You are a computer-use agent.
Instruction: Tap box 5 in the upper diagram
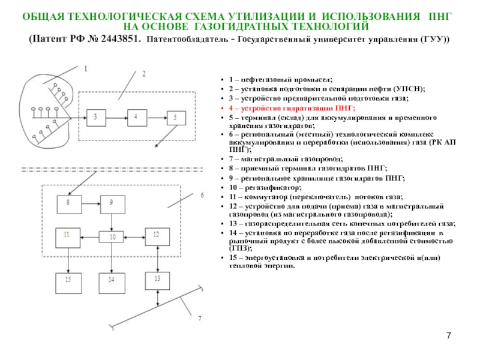tap(176, 118)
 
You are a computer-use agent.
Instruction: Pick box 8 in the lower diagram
tap(68, 205)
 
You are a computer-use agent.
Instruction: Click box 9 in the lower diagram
tap(110, 205)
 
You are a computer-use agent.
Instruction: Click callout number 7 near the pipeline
tap(200, 317)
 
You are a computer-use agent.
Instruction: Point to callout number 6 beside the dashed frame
tap(202, 195)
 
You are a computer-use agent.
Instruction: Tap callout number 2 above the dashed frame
tap(144, 74)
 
